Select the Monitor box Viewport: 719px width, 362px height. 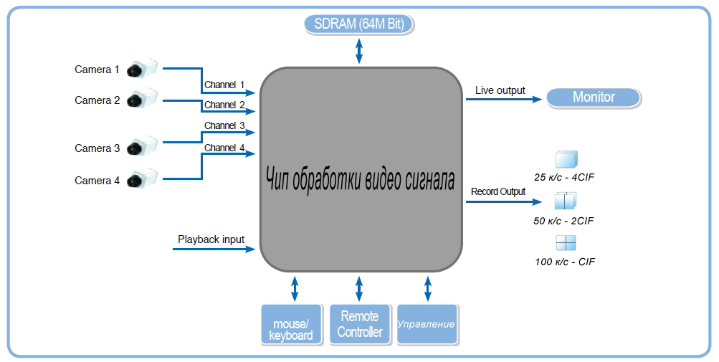pos(594,97)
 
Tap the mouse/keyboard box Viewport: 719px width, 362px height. pos(290,325)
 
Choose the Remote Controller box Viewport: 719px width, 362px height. pos(360,325)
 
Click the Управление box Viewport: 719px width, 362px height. pos(427,324)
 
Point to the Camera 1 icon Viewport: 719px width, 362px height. pos(141,69)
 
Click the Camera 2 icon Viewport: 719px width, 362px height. pos(141,99)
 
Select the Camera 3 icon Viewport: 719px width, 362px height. pos(141,147)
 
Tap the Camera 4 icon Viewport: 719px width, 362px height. pos(141,179)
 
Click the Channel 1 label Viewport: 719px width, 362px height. pos(224,85)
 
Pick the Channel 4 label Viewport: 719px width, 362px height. pos(224,148)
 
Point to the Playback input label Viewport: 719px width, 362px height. pos(211,239)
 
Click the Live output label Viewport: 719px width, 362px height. pos(500,90)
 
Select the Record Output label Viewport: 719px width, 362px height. pos(498,191)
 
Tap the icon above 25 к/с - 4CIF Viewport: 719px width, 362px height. pos(566,160)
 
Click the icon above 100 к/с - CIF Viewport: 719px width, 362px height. pos(566,242)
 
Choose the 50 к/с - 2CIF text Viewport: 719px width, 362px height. pos(563,221)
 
